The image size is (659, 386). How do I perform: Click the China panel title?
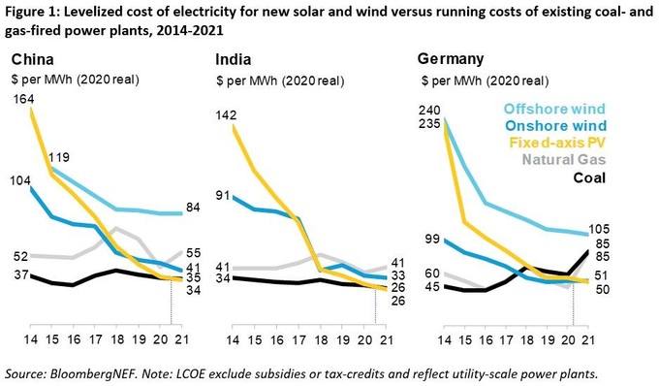pyautogui.click(x=33, y=57)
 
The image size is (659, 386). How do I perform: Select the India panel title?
pyautogui.click(x=234, y=57)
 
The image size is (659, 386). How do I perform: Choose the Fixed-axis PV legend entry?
pyautogui.click(x=559, y=143)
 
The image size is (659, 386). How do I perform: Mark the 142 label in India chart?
pyautogui.click(x=228, y=115)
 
